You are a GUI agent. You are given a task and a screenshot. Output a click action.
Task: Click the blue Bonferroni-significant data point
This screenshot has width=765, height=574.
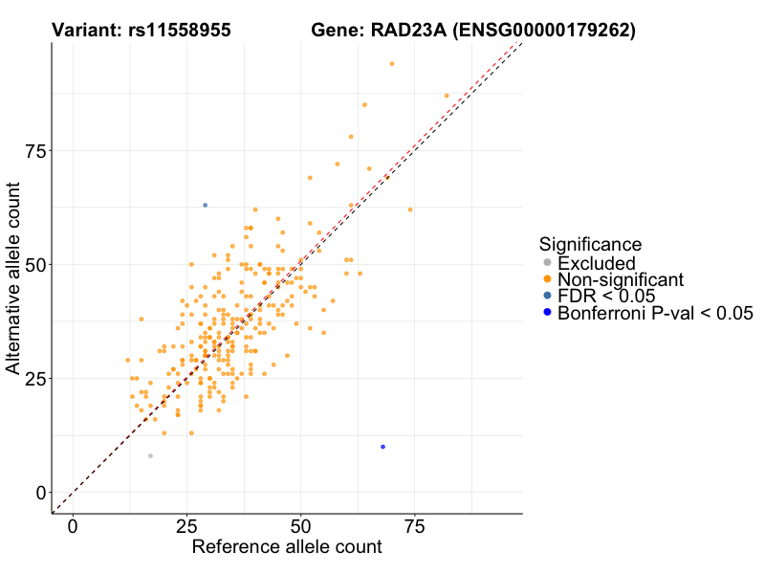click(x=382, y=447)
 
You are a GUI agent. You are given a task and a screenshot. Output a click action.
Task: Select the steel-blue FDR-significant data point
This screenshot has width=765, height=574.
click(x=205, y=206)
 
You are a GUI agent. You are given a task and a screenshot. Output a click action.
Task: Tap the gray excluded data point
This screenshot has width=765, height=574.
click(x=150, y=456)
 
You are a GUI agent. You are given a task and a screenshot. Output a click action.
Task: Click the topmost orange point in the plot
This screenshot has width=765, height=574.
click(x=392, y=64)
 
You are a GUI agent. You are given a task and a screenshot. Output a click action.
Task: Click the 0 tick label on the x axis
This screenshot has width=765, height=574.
click(x=73, y=527)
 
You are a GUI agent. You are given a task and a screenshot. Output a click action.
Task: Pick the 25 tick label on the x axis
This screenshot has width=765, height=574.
click(x=186, y=527)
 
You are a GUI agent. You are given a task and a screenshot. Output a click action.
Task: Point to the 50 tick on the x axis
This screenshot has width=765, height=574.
click(x=300, y=527)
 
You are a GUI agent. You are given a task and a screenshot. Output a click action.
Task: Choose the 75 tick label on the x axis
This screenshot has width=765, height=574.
click(x=414, y=527)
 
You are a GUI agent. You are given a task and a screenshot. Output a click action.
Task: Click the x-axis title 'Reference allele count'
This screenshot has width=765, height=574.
click(x=287, y=548)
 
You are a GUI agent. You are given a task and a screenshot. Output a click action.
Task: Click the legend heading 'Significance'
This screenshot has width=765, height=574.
click(x=590, y=244)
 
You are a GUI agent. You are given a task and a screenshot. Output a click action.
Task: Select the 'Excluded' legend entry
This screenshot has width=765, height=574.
click(x=596, y=263)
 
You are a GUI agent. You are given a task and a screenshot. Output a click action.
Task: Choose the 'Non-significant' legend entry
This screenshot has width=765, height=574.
click(x=621, y=279)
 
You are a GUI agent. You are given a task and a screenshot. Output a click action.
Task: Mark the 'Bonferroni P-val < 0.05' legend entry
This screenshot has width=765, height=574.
click(x=655, y=313)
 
